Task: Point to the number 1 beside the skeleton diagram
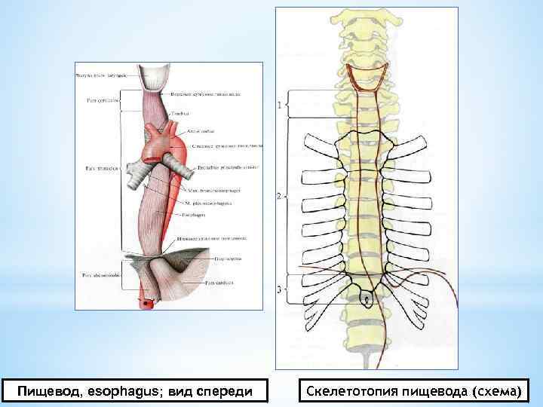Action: [281, 105]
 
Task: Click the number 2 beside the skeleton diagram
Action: [279, 197]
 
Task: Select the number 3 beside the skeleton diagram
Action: [280, 289]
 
